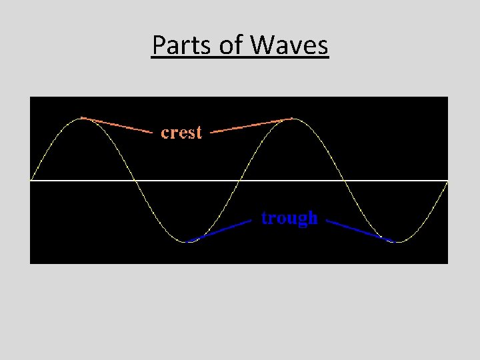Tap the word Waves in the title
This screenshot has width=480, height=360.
[x=289, y=45]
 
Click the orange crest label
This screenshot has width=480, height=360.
[x=181, y=133]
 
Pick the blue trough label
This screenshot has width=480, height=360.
[x=289, y=218]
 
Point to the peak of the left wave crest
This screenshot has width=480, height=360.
[x=82, y=118]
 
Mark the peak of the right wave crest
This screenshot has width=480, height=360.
[x=292, y=118]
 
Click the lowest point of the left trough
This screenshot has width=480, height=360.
[x=188, y=242]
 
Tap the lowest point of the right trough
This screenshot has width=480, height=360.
[x=397, y=242]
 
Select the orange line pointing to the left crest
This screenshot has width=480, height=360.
[x=117, y=125]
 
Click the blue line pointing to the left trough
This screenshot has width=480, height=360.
[x=220, y=231]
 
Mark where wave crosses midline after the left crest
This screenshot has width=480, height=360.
[x=135, y=180]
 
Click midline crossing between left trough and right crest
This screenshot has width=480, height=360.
[x=240, y=180]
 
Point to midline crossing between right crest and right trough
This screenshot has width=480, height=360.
[x=344, y=180]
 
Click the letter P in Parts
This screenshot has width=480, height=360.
[x=158, y=45]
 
